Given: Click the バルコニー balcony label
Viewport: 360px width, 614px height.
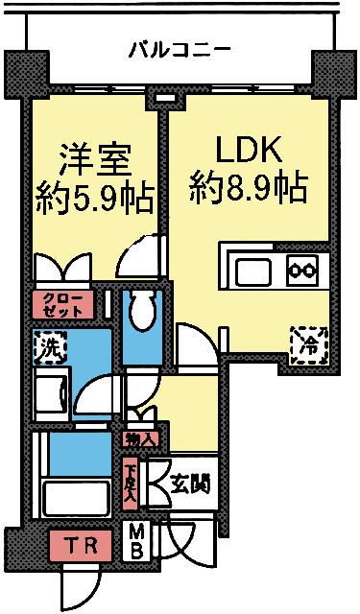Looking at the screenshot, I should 180,49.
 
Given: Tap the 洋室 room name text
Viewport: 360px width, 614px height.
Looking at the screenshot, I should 94,155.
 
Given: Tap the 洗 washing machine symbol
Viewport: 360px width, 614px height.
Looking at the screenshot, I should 46,348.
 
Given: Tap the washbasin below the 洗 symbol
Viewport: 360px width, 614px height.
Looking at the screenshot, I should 51,392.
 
